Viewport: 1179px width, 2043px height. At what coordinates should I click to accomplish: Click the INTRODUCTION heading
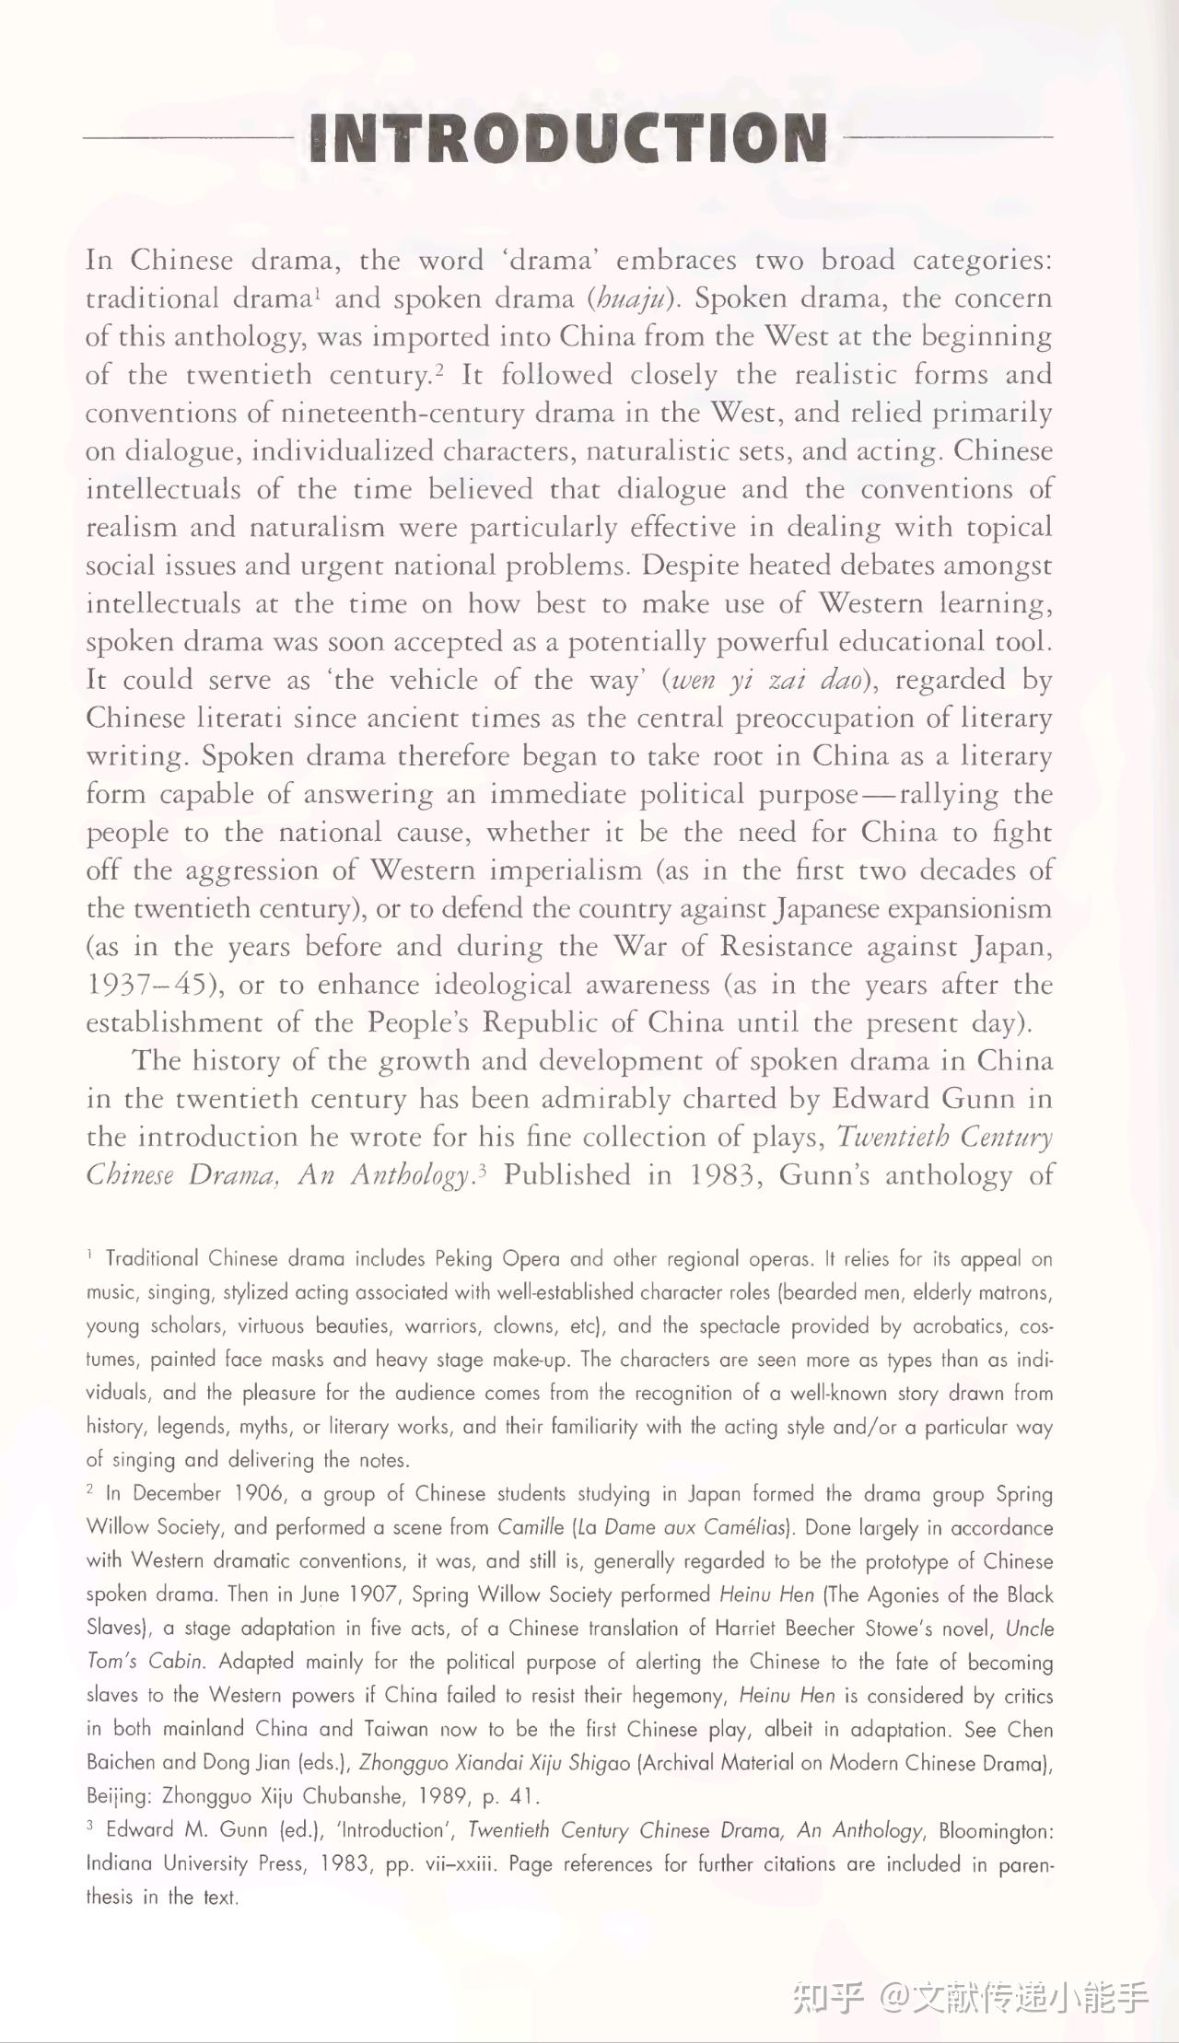pyautogui.click(x=568, y=138)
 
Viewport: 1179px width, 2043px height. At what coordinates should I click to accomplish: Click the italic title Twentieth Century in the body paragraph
pyautogui.click(x=944, y=1138)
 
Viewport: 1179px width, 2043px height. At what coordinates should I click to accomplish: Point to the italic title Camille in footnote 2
pyautogui.click(x=531, y=1528)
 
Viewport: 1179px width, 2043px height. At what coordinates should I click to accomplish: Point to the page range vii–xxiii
pyautogui.click(x=461, y=1864)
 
